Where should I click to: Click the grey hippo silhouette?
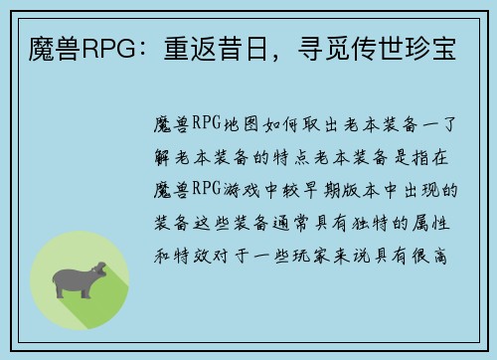pyautogui.click(x=81, y=280)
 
